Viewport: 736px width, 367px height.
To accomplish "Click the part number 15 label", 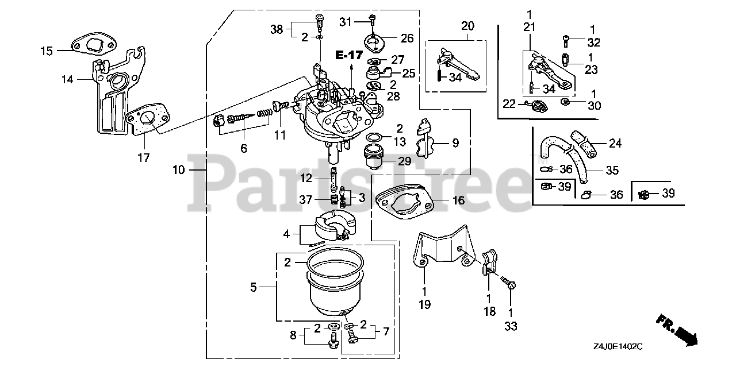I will pos(46,51).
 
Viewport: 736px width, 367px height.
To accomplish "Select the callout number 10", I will pos(178,170).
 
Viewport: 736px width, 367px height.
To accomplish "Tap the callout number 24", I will pos(615,143).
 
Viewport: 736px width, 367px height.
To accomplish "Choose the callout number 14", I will pos(68,80).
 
